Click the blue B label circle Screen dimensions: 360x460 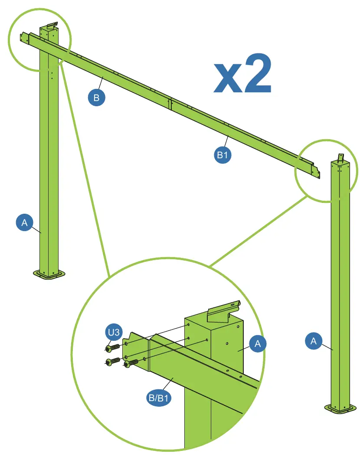point(97,98)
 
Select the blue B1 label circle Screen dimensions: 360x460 point(223,155)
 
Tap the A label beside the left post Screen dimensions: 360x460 point(24,222)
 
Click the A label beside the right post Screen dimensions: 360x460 point(314,341)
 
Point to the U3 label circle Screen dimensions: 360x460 point(114,332)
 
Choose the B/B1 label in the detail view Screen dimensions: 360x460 point(159,398)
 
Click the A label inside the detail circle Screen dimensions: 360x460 point(258,343)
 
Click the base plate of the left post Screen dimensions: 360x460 point(49,275)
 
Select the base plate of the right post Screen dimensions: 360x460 point(340,408)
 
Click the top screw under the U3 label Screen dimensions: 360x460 point(113,348)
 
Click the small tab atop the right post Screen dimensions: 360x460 point(341,157)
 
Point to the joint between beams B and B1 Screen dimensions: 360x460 point(170,104)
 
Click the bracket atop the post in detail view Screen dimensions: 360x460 point(224,311)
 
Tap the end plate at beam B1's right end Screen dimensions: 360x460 point(316,173)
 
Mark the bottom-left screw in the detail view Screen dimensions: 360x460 point(112,362)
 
